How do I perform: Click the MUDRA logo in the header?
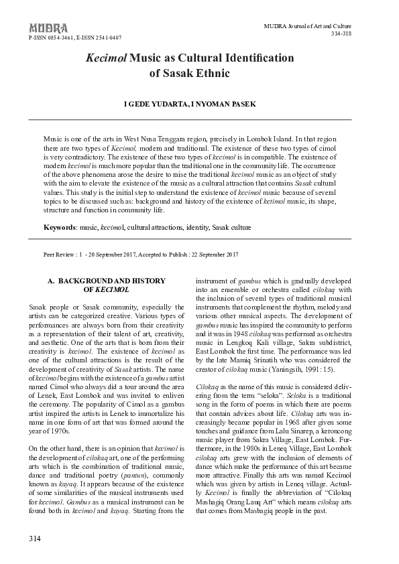click(x=48, y=27)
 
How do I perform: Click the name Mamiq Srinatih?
click(x=258, y=360)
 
